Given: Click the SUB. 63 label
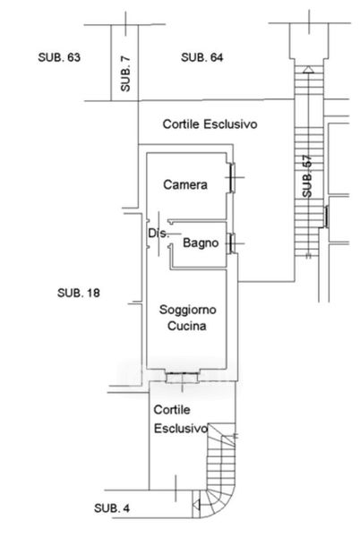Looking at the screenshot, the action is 59,57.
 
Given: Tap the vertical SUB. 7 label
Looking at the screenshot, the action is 125,73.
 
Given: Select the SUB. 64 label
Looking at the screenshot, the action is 202,57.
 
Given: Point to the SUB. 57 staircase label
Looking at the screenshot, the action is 307,176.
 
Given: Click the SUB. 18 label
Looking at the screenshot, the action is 79,293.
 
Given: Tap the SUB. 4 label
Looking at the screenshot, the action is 112,507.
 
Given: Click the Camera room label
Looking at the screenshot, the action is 185,184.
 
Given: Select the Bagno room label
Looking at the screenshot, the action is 201,243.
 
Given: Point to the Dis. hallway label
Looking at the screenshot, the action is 159,234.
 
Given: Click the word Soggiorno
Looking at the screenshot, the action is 188,310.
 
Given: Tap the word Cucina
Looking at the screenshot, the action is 187,326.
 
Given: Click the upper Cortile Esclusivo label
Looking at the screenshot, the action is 210,124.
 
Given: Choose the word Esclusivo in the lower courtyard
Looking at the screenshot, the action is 181,428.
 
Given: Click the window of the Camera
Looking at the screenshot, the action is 232,177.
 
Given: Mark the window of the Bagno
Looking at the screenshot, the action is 232,243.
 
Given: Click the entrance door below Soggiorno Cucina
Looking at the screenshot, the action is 182,378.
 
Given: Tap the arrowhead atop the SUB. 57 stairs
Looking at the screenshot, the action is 308,70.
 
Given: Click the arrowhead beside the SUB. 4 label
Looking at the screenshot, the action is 196,505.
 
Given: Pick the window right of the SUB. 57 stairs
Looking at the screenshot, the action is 327,217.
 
